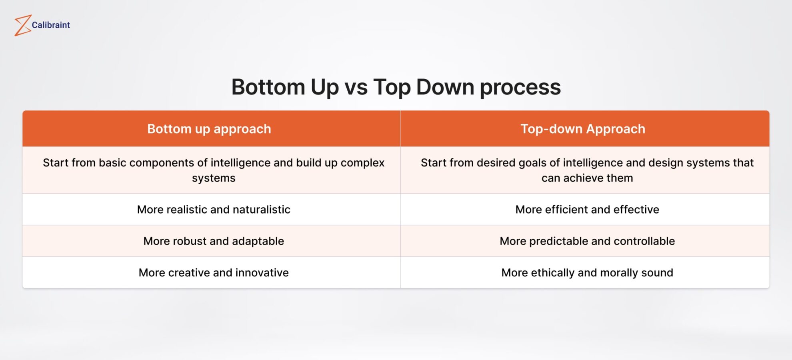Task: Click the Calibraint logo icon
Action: coord(23,26)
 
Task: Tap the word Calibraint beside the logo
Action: coord(51,25)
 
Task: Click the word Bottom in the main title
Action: coord(268,87)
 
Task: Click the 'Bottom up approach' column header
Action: coord(209,129)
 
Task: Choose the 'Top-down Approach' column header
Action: coord(583,129)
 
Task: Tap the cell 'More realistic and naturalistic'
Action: coord(214,210)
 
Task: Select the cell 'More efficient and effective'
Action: coord(587,210)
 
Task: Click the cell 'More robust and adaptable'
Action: coord(214,241)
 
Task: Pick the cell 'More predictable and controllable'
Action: coord(587,241)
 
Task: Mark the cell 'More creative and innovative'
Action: coord(214,273)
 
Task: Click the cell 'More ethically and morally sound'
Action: coord(587,273)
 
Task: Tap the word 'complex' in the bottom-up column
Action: coord(362,163)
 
